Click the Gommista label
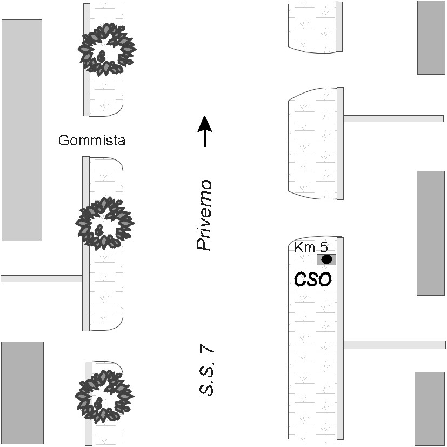92,141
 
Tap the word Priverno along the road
204,215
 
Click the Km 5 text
311,248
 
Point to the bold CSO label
312,279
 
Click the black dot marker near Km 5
326,259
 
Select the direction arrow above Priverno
204,131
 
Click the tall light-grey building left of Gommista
22,130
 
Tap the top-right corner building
431,37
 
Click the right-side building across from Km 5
430,233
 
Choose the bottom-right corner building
430,408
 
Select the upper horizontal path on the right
393,118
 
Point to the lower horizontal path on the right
394,344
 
